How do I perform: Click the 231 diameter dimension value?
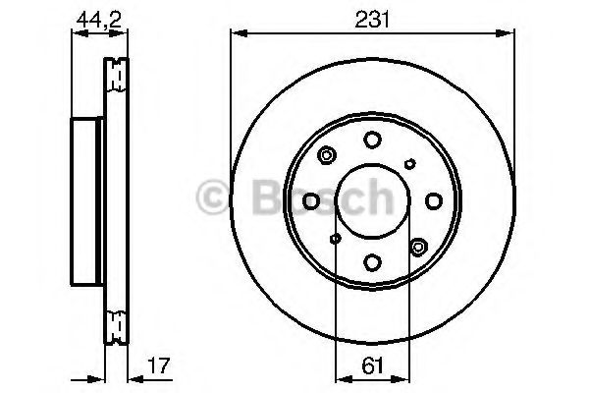pyautogui.click(x=372, y=17)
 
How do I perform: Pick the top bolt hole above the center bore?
pyautogui.click(x=372, y=140)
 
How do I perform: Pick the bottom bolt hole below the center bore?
pyautogui.click(x=372, y=261)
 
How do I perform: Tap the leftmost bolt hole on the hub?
pyautogui.click(x=311, y=200)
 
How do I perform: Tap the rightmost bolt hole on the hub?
pyautogui.click(x=433, y=200)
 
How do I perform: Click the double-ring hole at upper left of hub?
pyautogui.click(x=327, y=154)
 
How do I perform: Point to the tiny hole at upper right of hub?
pyautogui.click(x=409, y=164)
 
